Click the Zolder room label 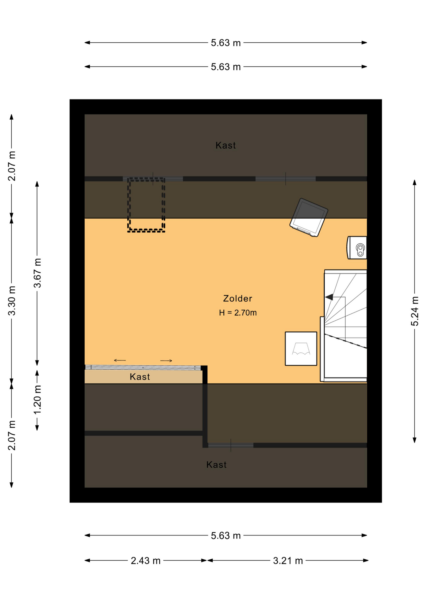(237, 298)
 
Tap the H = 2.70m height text (238, 313)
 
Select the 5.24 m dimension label (415, 311)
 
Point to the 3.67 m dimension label (37, 273)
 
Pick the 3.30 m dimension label (12, 301)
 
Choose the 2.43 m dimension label (146, 561)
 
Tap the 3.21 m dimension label (288, 561)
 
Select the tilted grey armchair (309, 217)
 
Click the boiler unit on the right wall (357, 248)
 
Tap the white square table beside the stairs (301, 349)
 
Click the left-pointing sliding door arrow (120, 360)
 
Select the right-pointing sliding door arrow (166, 361)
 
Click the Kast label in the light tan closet (140, 377)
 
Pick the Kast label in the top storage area (226, 145)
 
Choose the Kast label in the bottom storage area (216, 465)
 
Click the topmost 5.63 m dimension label (226, 43)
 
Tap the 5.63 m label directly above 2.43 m (226, 535)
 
